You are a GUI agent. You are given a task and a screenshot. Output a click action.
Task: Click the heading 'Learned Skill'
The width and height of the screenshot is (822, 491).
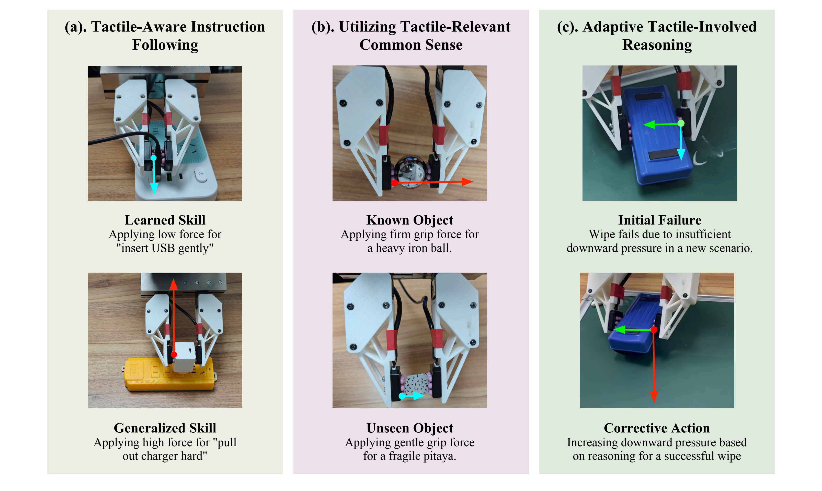(165, 220)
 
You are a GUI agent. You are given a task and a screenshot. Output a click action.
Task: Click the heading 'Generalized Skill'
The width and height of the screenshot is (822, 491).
(165, 428)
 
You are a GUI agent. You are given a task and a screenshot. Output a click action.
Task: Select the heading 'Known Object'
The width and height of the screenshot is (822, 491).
(410, 220)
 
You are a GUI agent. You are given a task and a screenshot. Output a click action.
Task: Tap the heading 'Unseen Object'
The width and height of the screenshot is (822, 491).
(410, 428)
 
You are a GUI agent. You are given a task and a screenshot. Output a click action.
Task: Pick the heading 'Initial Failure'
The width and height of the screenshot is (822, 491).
(660, 220)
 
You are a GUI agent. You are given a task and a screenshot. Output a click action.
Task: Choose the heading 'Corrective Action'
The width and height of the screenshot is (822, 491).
(657, 428)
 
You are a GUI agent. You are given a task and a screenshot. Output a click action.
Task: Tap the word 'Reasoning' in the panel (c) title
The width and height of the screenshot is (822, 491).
(657, 45)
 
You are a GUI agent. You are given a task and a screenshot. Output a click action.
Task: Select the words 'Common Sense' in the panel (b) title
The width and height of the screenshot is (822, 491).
(411, 45)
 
